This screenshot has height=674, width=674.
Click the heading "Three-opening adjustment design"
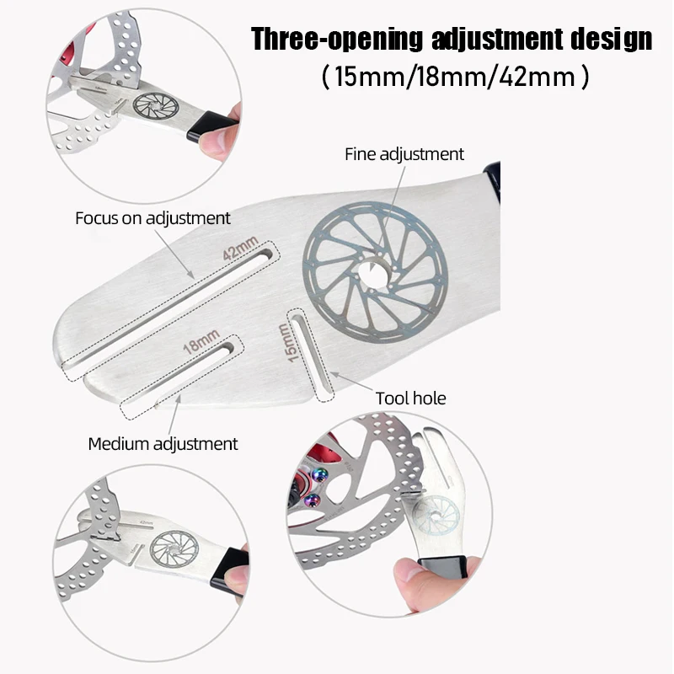pos(452,39)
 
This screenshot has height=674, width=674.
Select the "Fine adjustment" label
pos(404,154)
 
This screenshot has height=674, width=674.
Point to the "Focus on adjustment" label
pos(152,218)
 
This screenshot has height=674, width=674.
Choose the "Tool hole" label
pos(410,398)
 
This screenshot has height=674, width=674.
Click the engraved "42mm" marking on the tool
pos(241,250)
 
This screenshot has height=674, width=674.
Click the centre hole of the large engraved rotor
pos(372,270)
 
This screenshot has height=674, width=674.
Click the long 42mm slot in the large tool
pos(168,308)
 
